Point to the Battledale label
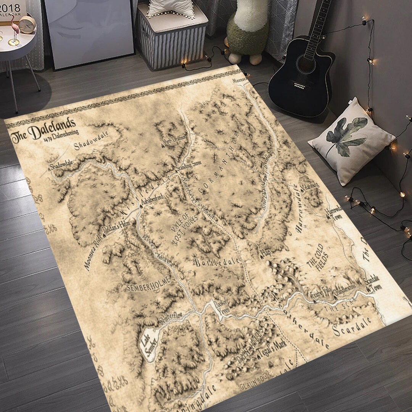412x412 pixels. point(217,262)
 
